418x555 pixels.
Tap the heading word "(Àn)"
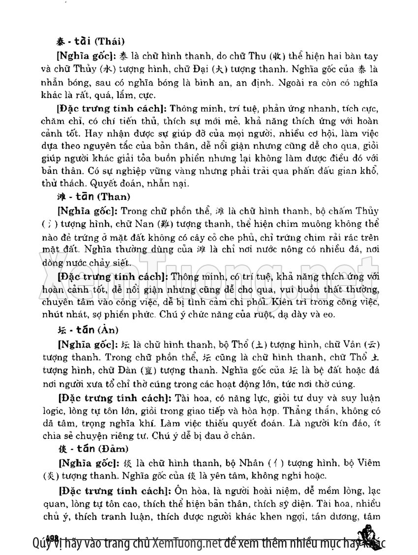click(x=108, y=329)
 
